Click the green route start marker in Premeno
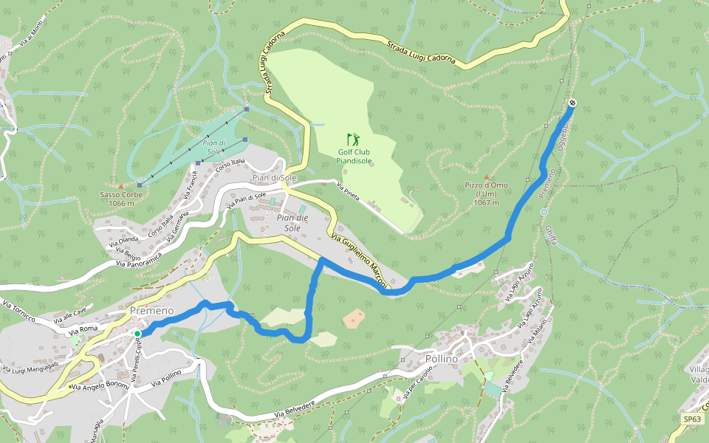(x=137, y=334)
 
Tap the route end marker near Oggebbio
(x=572, y=103)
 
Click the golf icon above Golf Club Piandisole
(x=353, y=138)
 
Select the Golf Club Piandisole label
(x=353, y=156)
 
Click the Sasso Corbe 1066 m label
(x=120, y=199)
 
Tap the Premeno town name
(x=151, y=311)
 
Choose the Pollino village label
(x=442, y=359)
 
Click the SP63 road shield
(x=692, y=419)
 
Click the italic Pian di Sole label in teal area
(x=213, y=147)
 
